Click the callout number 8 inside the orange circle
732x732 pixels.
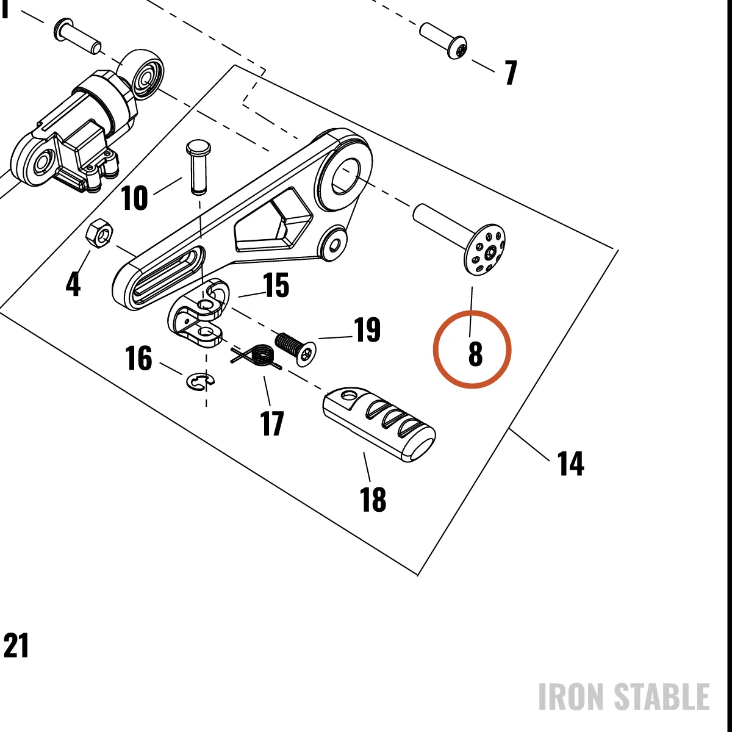[475, 354]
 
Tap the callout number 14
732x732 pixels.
[570, 463]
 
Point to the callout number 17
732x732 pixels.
[272, 423]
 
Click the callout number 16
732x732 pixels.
[138, 358]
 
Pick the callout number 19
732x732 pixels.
[367, 329]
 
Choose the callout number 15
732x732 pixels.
[276, 284]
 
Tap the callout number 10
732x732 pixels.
[134, 198]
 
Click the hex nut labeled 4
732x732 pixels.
[100, 234]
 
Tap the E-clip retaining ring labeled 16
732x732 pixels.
[200, 381]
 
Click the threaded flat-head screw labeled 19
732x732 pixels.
[295, 348]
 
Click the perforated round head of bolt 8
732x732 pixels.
[485, 249]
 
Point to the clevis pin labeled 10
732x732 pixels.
[198, 167]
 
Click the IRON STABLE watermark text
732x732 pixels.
[624, 697]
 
